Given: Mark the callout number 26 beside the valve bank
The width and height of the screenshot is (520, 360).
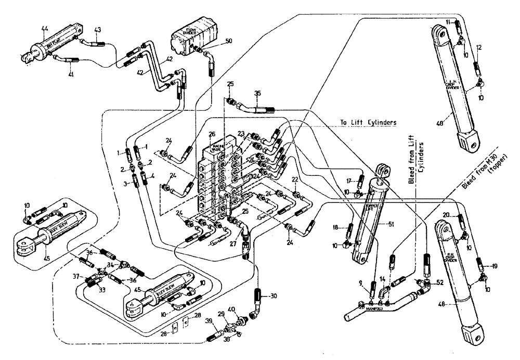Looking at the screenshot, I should click(211, 134).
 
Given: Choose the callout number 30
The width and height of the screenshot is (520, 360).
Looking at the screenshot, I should click(271, 296).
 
